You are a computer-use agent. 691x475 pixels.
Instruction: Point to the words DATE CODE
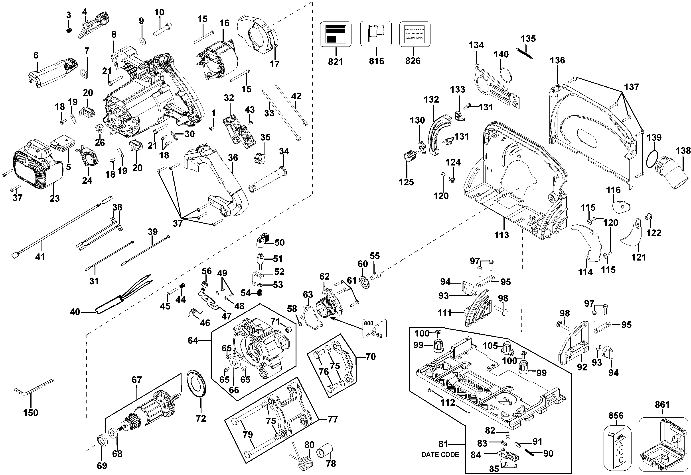tap(440, 455)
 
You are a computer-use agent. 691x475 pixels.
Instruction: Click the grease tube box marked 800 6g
tap(374, 329)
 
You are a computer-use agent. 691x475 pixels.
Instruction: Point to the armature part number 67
tap(137, 380)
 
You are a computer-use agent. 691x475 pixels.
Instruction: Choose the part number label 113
tap(501, 235)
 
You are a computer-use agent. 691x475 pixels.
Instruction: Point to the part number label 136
tap(557, 60)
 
